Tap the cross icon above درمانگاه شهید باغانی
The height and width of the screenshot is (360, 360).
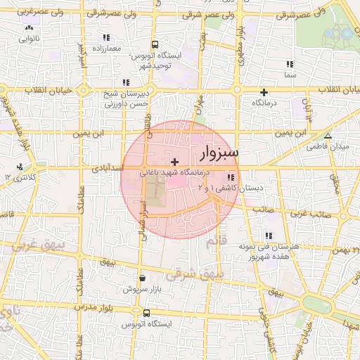174,162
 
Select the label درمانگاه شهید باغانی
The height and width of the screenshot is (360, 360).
175,172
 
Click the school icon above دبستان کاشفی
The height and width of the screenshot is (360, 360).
231,177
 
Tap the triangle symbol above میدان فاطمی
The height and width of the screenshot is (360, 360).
327,136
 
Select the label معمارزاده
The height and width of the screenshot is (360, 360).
106,48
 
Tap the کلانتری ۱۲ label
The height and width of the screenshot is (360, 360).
20,176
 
